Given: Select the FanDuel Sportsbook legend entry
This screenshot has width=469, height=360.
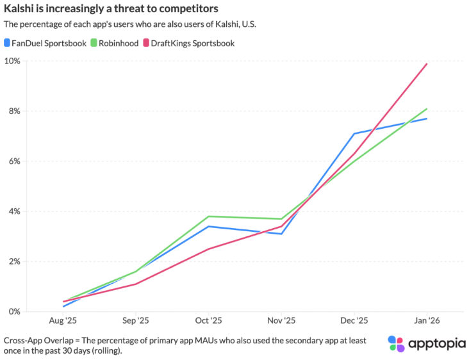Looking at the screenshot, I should [44, 43].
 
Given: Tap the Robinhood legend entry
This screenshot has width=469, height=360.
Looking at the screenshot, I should [119, 43].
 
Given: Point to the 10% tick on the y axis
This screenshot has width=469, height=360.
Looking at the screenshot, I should [13, 61].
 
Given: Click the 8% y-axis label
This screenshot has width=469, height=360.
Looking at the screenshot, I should [15, 111].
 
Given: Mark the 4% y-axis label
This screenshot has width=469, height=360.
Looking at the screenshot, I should [15, 211].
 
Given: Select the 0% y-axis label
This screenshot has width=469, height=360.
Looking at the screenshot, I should [15, 311].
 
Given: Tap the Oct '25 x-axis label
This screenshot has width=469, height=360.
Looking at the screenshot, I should [208, 320].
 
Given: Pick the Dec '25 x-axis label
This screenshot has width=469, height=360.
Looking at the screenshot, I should [354, 320].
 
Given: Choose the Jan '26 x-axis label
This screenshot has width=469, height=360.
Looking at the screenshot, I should [427, 320].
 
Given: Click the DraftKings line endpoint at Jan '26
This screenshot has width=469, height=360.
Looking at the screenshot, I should [427, 63].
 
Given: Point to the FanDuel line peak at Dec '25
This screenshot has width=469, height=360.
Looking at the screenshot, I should [354, 134].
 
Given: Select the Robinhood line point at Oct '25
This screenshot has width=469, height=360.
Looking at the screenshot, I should [208, 216].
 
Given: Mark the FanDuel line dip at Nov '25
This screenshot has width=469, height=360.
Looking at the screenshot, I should [281, 234].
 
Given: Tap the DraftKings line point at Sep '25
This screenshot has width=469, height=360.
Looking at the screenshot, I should [135, 284].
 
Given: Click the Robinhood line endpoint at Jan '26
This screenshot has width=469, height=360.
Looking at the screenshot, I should [427, 109].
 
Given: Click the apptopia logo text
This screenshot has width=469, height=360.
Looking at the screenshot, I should [434, 344].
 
